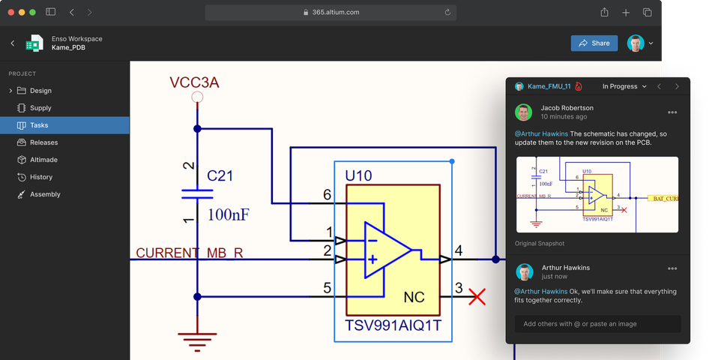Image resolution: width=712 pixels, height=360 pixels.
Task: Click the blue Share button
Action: tap(594, 43)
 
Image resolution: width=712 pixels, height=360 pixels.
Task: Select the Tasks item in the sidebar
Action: tap(39, 125)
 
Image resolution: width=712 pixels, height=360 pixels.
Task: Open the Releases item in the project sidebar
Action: tap(43, 142)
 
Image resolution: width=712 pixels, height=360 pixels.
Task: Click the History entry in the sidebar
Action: tap(41, 177)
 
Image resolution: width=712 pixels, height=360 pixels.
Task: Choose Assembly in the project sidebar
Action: tap(45, 194)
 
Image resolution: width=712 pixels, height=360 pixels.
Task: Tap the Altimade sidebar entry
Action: tap(43, 160)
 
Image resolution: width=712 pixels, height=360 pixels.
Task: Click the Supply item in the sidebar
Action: tap(40, 108)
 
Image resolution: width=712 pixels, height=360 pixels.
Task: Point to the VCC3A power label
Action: tap(194, 82)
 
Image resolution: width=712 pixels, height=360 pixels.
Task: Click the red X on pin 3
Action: tap(477, 296)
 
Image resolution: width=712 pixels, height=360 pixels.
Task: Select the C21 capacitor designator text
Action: tap(220, 176)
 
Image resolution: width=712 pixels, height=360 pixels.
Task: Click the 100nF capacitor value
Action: tap(228, 215)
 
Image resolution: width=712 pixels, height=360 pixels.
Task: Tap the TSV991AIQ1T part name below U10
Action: tap(393, 326)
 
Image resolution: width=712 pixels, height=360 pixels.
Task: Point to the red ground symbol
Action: tap(198, 341)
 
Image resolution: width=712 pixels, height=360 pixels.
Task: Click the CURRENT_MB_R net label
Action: tap(189, 253)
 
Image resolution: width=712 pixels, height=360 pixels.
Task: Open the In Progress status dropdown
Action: tap(624, 87)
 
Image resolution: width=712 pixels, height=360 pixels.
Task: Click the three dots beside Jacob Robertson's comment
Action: tap(672, 112)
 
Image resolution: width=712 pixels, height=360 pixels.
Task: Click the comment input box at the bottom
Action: tap(597, 324)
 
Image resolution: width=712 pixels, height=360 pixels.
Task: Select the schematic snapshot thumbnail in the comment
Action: tap(597, 195)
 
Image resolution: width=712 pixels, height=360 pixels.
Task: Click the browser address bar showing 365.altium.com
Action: tap(331, 12)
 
